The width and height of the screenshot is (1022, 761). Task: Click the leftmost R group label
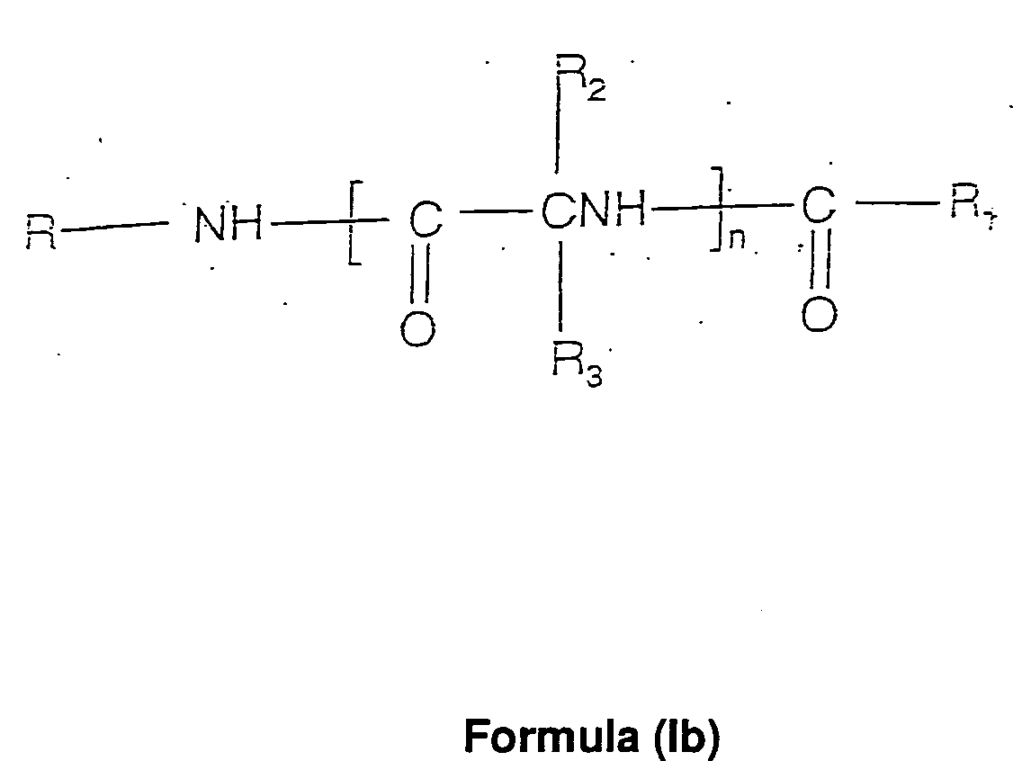(41, 231)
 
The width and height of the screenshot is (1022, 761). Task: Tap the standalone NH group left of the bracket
(229, 225)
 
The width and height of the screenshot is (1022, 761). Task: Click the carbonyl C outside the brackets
(817, 210)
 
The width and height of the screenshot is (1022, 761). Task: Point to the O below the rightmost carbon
(819, 314)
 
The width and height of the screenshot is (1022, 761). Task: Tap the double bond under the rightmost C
(819, 264)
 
